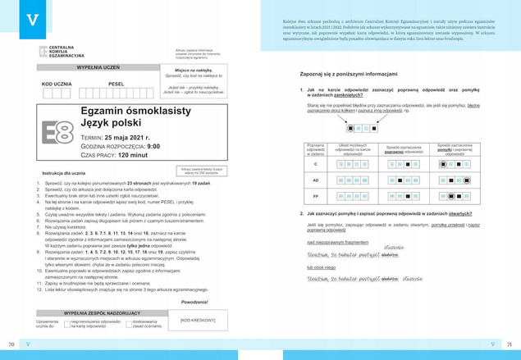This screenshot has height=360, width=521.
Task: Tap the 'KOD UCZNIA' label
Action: click(x=57, y=84)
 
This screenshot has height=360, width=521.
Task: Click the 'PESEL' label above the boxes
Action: click(x=115, y=84)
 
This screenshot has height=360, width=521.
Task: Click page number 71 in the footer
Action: click(x=508, y=343)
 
